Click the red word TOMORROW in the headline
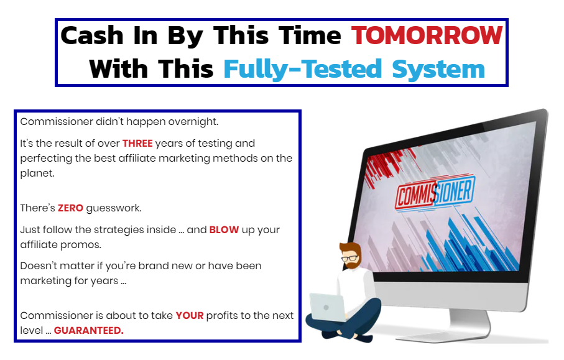pyautogui.click(x=427, y=35)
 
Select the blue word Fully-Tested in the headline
pyautogui.click(x=302, y=69)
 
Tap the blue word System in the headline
pyautogui.click(x=438, y=70)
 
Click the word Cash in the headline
pyautogui.click(x=92, y=35)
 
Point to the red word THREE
pyautogui.click(x=137, y=144)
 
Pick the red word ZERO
pyautogui.click(x=70, y=208)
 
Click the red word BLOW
pyautogui.click(x=224, y=230)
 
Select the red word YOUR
pyautogui.click(x=190, y=316)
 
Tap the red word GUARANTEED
pyautogui.click(x=89, y=331)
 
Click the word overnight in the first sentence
pyautogui.click(x=193, y=122)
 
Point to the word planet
pyautogui.click(x=37, y=173)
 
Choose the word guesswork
pyautogui.click(x=114, y=208)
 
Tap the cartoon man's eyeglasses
pyautogui.click(x=349, y=258)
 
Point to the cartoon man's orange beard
pyautogui.click(x=351, y=264)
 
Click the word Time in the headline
pyautogui.click(x=310, y=35)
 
